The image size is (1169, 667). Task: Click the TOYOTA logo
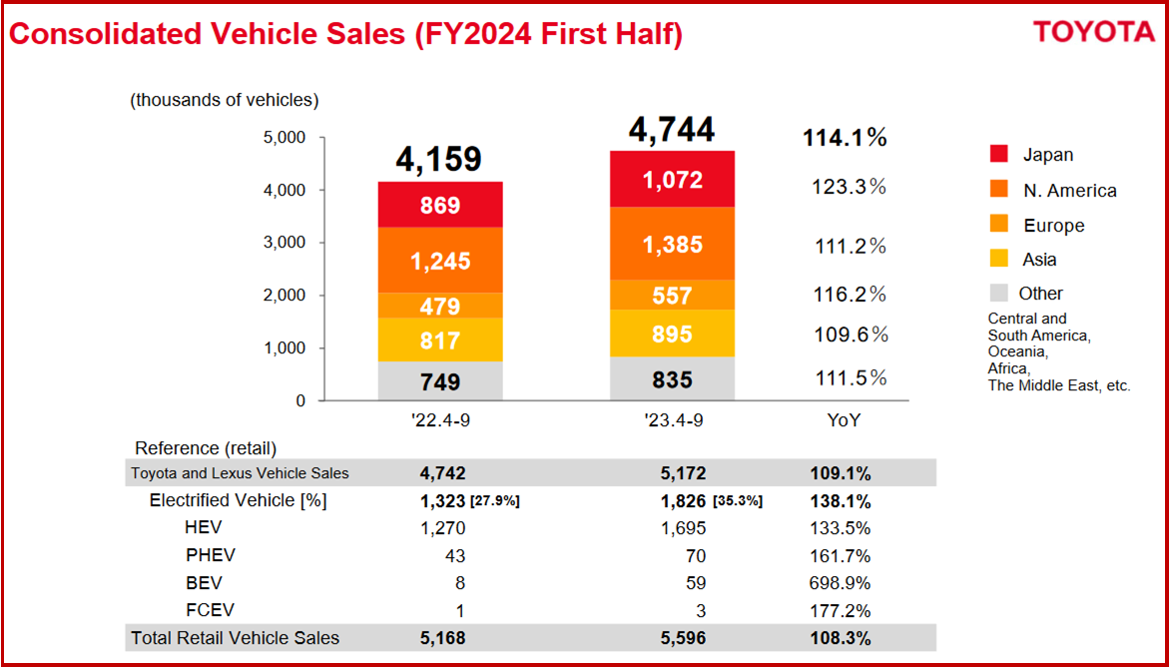(x=1093, y=32)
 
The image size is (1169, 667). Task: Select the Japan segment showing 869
(x=439, y=206)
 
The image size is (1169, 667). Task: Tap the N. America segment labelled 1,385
(x=672, y=244)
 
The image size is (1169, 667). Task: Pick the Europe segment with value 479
(x=439, y=306)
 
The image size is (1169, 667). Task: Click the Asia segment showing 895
(x=672, y=333)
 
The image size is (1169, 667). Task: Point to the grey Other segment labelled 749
(x=439, y=380)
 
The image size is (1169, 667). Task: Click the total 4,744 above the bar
(x=671, y=131)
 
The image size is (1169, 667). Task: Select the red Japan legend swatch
(x=999, y=154)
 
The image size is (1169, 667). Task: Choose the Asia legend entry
(x=1039, y=260)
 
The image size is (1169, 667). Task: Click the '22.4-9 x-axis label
(x=440, y=421)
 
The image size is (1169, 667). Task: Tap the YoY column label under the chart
(x=844, y=421)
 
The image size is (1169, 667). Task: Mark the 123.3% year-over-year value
(x=848, y=187)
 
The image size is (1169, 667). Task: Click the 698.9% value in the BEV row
(x=839, y=583)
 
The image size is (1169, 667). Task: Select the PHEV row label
(x=211, y=555)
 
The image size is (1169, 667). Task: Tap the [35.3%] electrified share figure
(x=738, y=501)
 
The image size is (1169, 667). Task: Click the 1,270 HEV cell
(x=441, y=528)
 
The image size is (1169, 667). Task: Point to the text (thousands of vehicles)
(x=224, y=100)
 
